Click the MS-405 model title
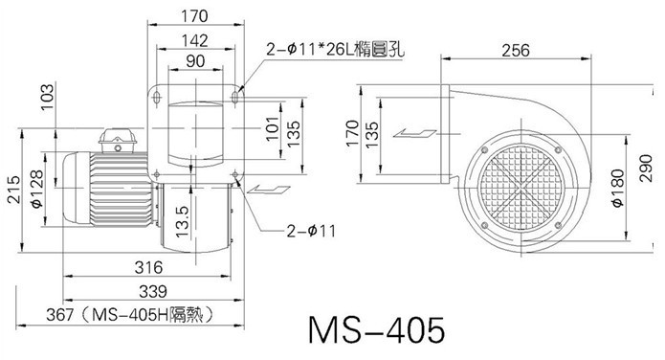(x=377, y=330)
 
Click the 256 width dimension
(x=516, y=50)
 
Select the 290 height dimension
(x=646, y=169)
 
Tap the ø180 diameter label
(x=618, y=188)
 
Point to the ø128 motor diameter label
(x=36, y=189)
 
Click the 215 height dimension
(x=13, y=190)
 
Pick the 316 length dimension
(x=148, y=267)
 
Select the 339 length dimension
(x=153, y=292)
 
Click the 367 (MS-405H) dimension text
(x=129, y=315)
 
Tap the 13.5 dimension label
(x=182, y=221)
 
